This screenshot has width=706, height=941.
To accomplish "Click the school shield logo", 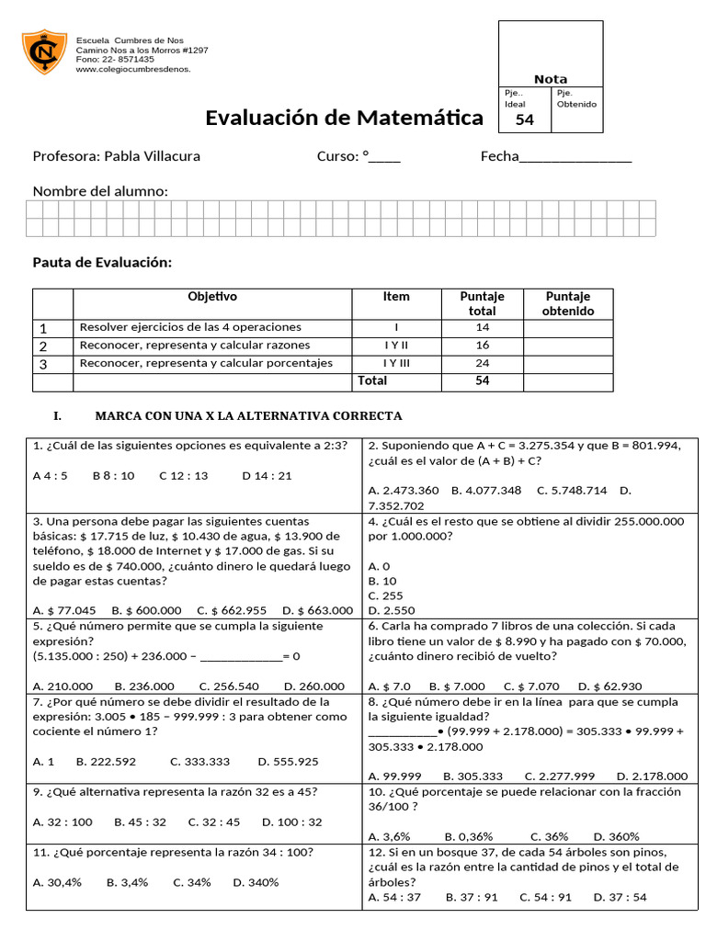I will pos(44,54).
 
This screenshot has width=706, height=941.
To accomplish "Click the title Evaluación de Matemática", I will pos(344,118).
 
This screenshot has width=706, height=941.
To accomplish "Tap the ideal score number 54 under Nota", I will pos(524,119).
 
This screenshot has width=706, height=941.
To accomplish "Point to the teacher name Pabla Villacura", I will pos(116,156).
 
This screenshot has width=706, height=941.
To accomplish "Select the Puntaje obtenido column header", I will pos(567,303).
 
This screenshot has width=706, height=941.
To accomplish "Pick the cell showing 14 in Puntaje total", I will pos(482,327).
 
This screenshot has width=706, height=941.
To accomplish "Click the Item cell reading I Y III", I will pos(396,363).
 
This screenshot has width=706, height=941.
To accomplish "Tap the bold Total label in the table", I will pos(372,380).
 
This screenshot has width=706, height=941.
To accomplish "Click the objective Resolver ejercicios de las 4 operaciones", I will pos(190,327).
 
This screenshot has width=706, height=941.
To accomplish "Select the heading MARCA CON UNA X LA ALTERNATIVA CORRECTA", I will pos(248,416).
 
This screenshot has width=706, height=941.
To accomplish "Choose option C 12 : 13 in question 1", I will pos(183,476).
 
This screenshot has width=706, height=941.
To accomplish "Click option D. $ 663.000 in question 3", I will pos(317,609).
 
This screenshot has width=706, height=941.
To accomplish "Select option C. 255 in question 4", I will pos(381,595).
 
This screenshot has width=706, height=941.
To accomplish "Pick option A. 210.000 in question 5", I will pos(63,686).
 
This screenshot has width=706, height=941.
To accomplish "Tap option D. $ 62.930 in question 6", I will pos(609,686).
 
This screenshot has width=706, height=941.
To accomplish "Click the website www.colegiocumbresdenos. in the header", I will pos(133,69).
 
